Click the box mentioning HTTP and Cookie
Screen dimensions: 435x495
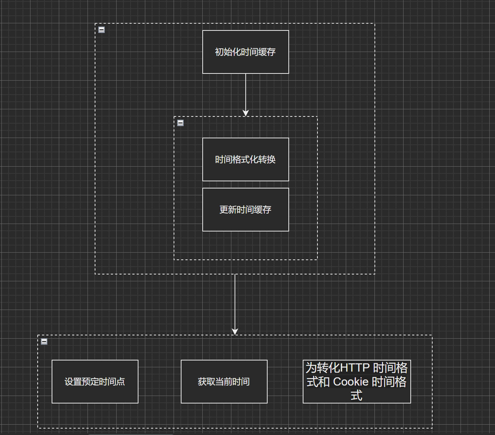[x=357, y=382]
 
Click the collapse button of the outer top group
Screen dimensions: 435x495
[x=102, y=30]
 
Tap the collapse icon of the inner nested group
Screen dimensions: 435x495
[x=180, y=123]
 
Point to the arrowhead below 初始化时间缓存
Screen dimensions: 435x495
[x=246, y=113]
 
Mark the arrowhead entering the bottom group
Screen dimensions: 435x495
[x=235, y=331]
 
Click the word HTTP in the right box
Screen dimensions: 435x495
[x=355, y=368]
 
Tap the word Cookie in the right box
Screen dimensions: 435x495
[x=351, y=382]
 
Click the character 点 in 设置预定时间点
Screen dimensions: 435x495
[x=121, y=382]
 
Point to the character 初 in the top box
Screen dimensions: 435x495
[x=219, y=52]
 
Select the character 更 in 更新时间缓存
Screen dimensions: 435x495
[x=224, y=210]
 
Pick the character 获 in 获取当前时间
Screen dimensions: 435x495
[x=202, y=382]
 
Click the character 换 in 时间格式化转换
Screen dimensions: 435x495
[x=272, y=160]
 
